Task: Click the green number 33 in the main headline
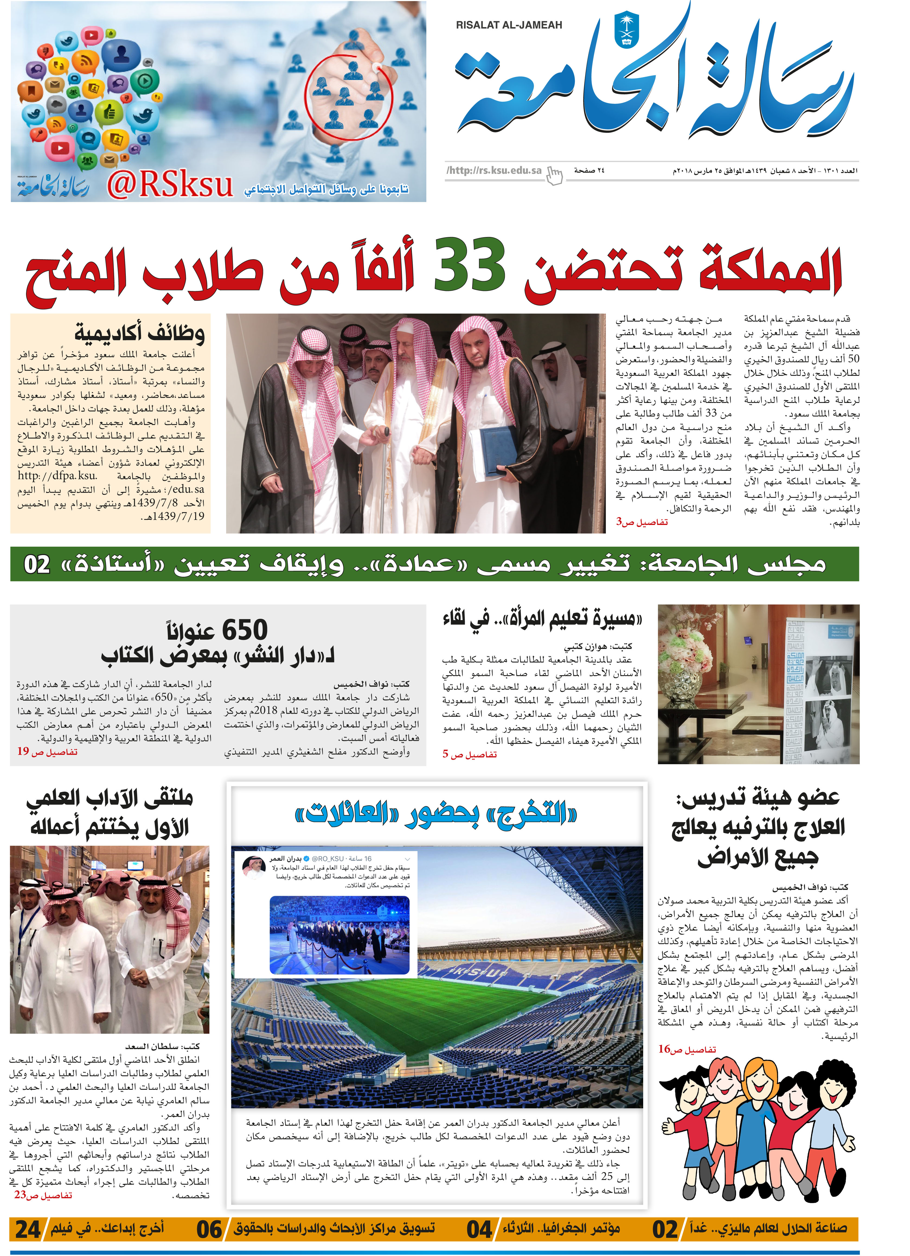pyautogui.click(x=469, y=265)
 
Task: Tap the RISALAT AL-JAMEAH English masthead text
pyautogui.click(x=508, y=25)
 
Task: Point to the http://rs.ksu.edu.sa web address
pyautogui.click(x=495, y=171)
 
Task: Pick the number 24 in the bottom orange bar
pyautogui.click(x=28, y=1229)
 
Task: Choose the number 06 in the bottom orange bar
pyautogui.click(x=209, y=1229)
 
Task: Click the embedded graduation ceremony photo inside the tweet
pyautogui.click(x=339, y=935)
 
